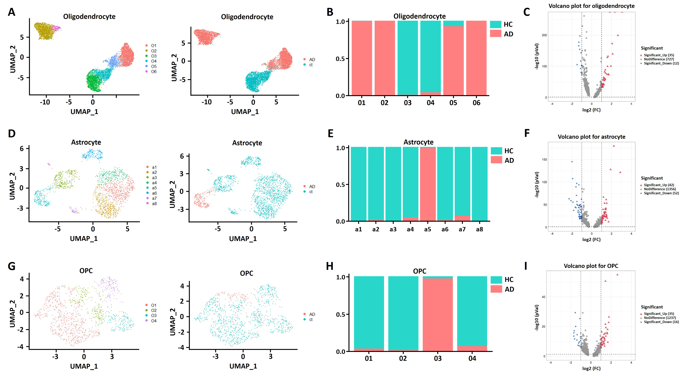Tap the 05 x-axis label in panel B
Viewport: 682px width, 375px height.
click(x=453, y=103)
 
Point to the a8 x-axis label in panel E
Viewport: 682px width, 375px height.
click(x=479, y=229)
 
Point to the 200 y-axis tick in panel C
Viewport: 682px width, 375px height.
click(x=544, y=35)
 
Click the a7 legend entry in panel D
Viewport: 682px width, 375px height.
click(x=154, y=198)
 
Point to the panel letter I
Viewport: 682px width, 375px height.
click(x=526, y=266)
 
